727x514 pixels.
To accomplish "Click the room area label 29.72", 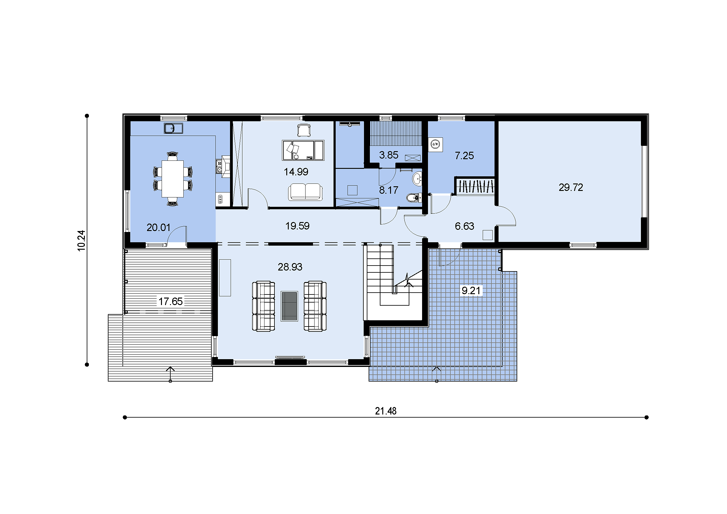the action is (571, 187).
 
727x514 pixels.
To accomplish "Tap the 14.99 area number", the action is (296, 172).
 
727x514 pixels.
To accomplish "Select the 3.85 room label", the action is (389, 155).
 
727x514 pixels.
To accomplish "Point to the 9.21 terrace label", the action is (471, 290).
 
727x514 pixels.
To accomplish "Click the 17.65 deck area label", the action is (170, 301).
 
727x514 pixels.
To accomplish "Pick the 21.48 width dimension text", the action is (385, 411).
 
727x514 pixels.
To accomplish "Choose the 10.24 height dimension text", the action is (81, 241).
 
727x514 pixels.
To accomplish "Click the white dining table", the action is (173, 179).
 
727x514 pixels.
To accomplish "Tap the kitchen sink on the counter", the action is (173, 128).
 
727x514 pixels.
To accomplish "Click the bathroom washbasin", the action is (417, 179).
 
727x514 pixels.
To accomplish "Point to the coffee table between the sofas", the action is (289, 306).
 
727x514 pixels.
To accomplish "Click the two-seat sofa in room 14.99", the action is (305, 192).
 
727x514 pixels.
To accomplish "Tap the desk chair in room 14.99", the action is (304, 131).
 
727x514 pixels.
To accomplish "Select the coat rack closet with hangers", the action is (475, 186).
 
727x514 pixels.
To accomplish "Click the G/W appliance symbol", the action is (435, 144).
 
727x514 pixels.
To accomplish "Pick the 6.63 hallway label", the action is (464, 226).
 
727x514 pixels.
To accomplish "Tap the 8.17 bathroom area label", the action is (389, 190).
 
